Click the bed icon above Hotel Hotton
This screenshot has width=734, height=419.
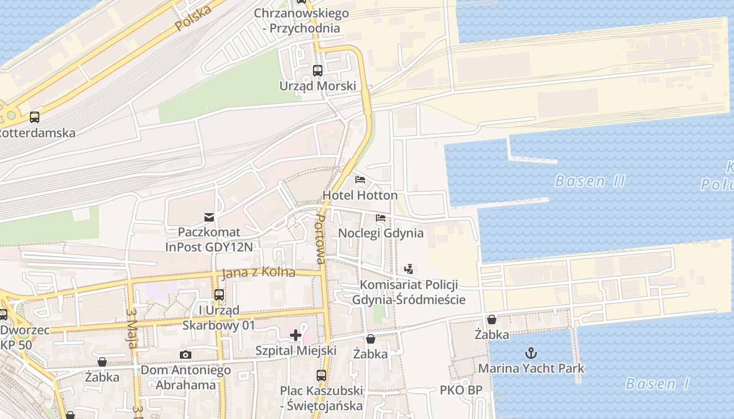click(x=360, y=180)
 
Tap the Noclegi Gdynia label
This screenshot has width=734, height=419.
click(x=381, y=233)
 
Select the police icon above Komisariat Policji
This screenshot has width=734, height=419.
click(x=409, y=269)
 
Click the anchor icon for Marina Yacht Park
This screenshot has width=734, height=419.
click(x=531, y=352)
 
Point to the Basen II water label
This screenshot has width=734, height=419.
click(x=590, y=181)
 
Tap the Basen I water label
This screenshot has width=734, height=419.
click(x=657, y=383)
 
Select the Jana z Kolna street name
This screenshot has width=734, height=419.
click(x=258, y=273)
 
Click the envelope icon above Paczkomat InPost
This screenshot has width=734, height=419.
click(x=209, y=217)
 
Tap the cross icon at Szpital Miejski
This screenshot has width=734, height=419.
click(x=296, y=335)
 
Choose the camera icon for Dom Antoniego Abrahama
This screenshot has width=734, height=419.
click(x=185, y=355)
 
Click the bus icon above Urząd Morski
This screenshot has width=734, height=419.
click(x=318, y=70)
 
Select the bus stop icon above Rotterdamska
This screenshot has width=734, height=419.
click(x=35, y=117)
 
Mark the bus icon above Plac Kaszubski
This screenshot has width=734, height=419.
click(x=321, y=375)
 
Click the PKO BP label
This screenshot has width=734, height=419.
click(x=461, y=390)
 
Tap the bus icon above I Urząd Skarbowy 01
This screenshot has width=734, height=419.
click(x=219, y=295)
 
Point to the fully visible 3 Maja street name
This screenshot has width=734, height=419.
click(x=131, y=325)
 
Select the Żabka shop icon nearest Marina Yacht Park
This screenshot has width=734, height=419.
click(x=492, y=319)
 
